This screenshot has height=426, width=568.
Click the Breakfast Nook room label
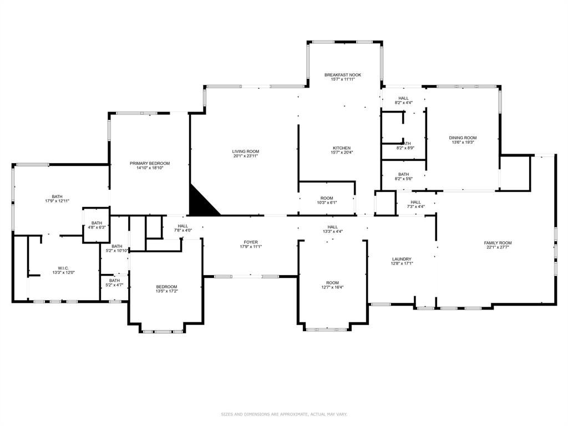[343, 74]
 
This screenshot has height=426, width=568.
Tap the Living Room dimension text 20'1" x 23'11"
[245, 156]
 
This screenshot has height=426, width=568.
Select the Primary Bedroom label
[150, 163]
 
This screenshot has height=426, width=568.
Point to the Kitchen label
[341, 148]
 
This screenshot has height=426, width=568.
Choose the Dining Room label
[463, 138]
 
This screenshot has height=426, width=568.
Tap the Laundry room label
[401, 259]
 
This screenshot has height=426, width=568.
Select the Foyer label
[250, 242]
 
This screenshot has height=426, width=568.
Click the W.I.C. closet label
[63, 268]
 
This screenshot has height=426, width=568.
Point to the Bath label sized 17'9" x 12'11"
[57, 196]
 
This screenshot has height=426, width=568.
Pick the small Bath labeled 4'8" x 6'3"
[97, 223]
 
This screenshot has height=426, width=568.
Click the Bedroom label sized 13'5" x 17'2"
[166, 287]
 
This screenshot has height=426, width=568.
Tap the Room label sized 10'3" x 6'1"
[327, 198]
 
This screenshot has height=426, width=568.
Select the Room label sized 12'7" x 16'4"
[332, 283]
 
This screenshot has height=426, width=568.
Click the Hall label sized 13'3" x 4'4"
[332, 227]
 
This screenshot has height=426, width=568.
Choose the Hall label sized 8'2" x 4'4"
[403, 98]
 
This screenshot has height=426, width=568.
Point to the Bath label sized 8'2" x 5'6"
[403, 174]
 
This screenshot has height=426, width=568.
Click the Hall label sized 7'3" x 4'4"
[415, 202]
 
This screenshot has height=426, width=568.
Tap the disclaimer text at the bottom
[284, 414]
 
